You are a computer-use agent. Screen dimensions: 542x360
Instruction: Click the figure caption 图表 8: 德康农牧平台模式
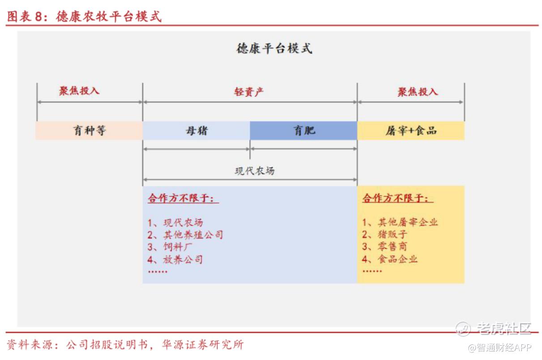(84, 17)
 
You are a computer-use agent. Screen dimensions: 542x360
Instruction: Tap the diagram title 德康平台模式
(274, 48)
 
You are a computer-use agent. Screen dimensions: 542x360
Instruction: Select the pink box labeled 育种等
(89, 131)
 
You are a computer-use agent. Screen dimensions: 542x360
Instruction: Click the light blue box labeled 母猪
(196, 131)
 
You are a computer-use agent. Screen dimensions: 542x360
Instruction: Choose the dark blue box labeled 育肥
(303, 131)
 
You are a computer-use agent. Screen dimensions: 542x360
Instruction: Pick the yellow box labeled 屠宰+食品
(411, 131)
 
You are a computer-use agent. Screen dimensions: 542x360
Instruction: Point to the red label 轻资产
(248, 92)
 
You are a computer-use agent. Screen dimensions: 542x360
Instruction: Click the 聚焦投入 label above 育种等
(79, 91)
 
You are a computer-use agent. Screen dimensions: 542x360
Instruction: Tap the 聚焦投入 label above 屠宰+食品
(418, 92)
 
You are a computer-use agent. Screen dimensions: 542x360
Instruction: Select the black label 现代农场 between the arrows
(255, 171)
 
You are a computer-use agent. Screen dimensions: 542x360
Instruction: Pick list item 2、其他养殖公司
(185, 235)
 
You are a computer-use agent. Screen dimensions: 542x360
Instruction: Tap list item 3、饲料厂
(170, 247)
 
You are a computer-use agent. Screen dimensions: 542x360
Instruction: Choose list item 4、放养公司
(175, 259)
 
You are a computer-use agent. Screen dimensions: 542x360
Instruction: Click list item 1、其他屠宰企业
(400, 222)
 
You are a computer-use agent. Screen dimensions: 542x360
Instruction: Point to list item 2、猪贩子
(384, 234)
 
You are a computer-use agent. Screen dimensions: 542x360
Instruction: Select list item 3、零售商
(384, 246)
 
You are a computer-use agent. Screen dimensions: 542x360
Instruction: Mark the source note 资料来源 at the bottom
(125, 344)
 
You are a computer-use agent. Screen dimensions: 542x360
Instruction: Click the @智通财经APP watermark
(499, 347)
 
